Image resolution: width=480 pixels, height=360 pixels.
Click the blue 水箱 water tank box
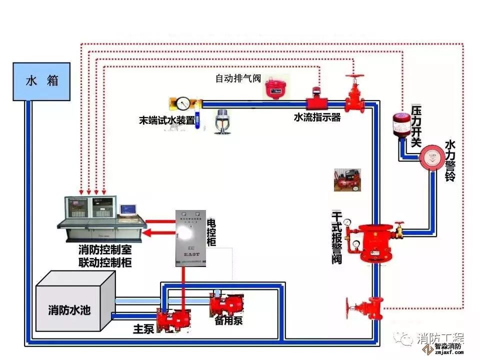[41, 81]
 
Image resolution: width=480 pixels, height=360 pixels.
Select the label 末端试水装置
[167, 120]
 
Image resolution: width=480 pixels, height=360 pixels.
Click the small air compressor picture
[347, 179]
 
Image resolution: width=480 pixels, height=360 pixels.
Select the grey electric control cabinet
[190, 237]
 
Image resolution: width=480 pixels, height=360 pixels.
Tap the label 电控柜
[211, 231]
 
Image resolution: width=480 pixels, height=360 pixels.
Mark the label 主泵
[142, 329]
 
